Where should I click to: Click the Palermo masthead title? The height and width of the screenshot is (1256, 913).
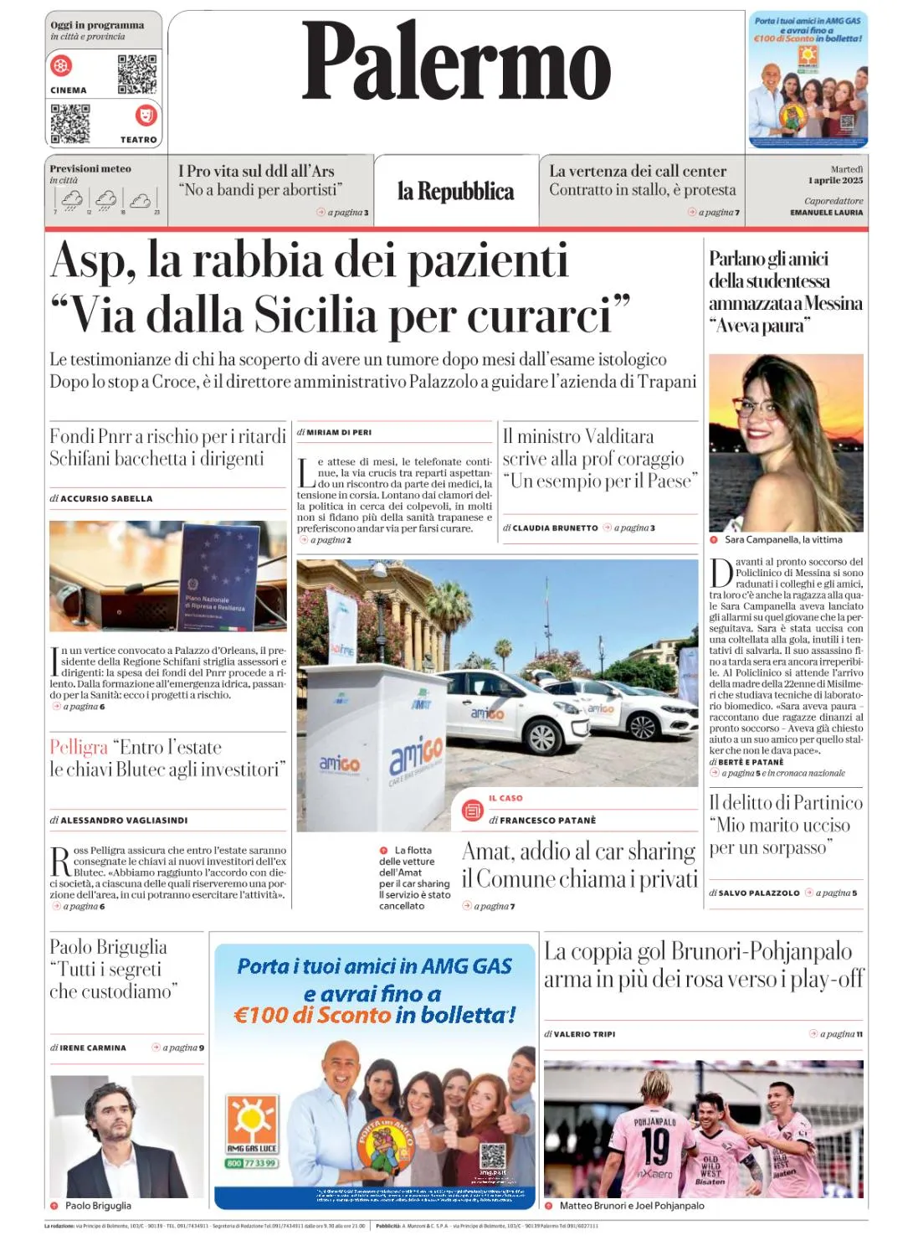[x=456, y=61]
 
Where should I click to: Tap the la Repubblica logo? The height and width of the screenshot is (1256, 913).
[x=455, y=192]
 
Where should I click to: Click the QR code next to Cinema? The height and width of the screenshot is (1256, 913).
[x=136, y=74]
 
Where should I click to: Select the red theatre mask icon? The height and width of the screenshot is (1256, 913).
[x=146, y=115]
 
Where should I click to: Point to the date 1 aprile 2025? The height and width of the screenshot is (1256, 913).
[x=835, y=180]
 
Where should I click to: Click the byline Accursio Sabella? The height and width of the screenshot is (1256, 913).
[x=106, y=498]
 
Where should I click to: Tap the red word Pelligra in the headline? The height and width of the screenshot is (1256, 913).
[x=79, y=747]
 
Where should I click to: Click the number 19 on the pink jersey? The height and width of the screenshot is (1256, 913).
[x=656, y=1145]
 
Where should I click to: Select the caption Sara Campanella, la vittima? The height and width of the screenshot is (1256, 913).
[x=783, y=539]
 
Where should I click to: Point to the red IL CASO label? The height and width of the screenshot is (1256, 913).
[x=505, y=798]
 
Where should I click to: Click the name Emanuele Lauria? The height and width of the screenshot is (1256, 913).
[x=826, y=213]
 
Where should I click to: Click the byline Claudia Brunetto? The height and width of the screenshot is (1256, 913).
[x=555, y=528]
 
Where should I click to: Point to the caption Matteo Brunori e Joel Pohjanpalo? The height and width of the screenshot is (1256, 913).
[x=632, y=1206]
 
